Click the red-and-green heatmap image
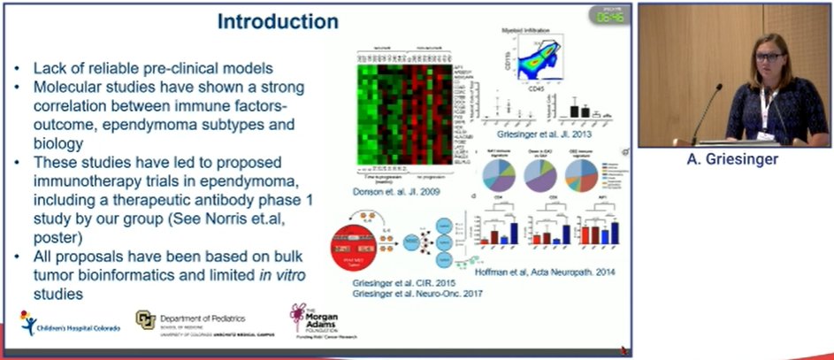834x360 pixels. (x=402, y=110)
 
